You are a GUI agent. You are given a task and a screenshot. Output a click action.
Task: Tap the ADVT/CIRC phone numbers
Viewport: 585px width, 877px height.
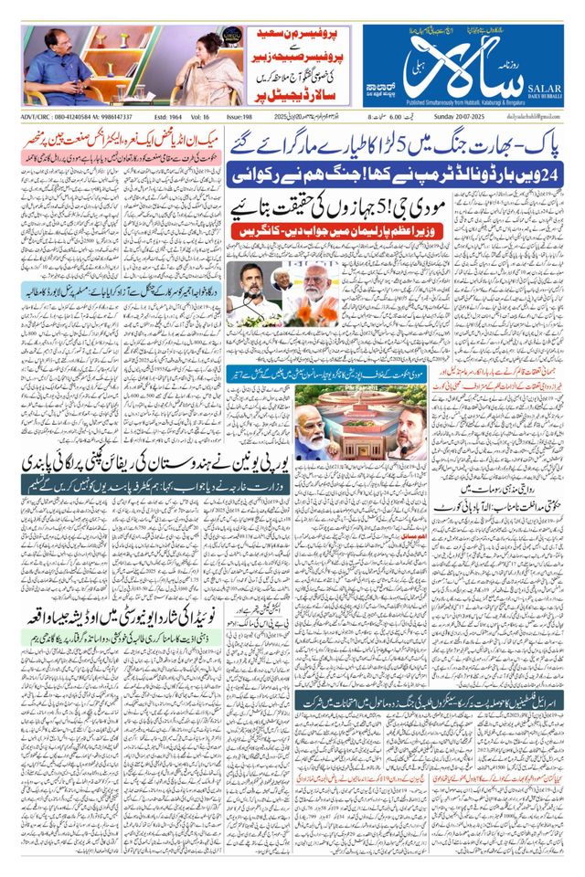pos(77,117)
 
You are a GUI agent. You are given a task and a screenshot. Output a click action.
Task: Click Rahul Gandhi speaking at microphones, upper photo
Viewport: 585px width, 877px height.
pos(253,297)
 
